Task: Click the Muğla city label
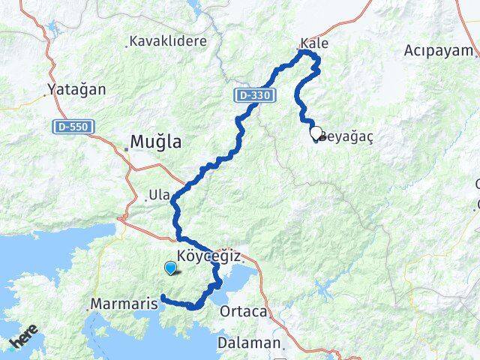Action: click(x=156, y=142)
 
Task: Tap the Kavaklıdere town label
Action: click(x=167, y=41)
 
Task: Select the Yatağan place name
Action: click(x=76, y=89)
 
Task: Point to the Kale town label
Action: click(x=313, y=43)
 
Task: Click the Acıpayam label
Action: click(x=439, y=50)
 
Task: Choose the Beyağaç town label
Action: click(x=348, y=136)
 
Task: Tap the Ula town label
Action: click(x=160, y=195)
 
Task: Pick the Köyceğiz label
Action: click(x=210, y=256)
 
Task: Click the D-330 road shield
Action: click(x=251, y=95)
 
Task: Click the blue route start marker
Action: click(x=170, y=268)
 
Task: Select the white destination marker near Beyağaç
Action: click(x=316, y=133)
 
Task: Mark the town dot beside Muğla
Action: click(x=127, y=148)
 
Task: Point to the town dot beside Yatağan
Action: click(x=45, y=96)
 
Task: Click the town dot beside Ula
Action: click(x=145, y=200)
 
